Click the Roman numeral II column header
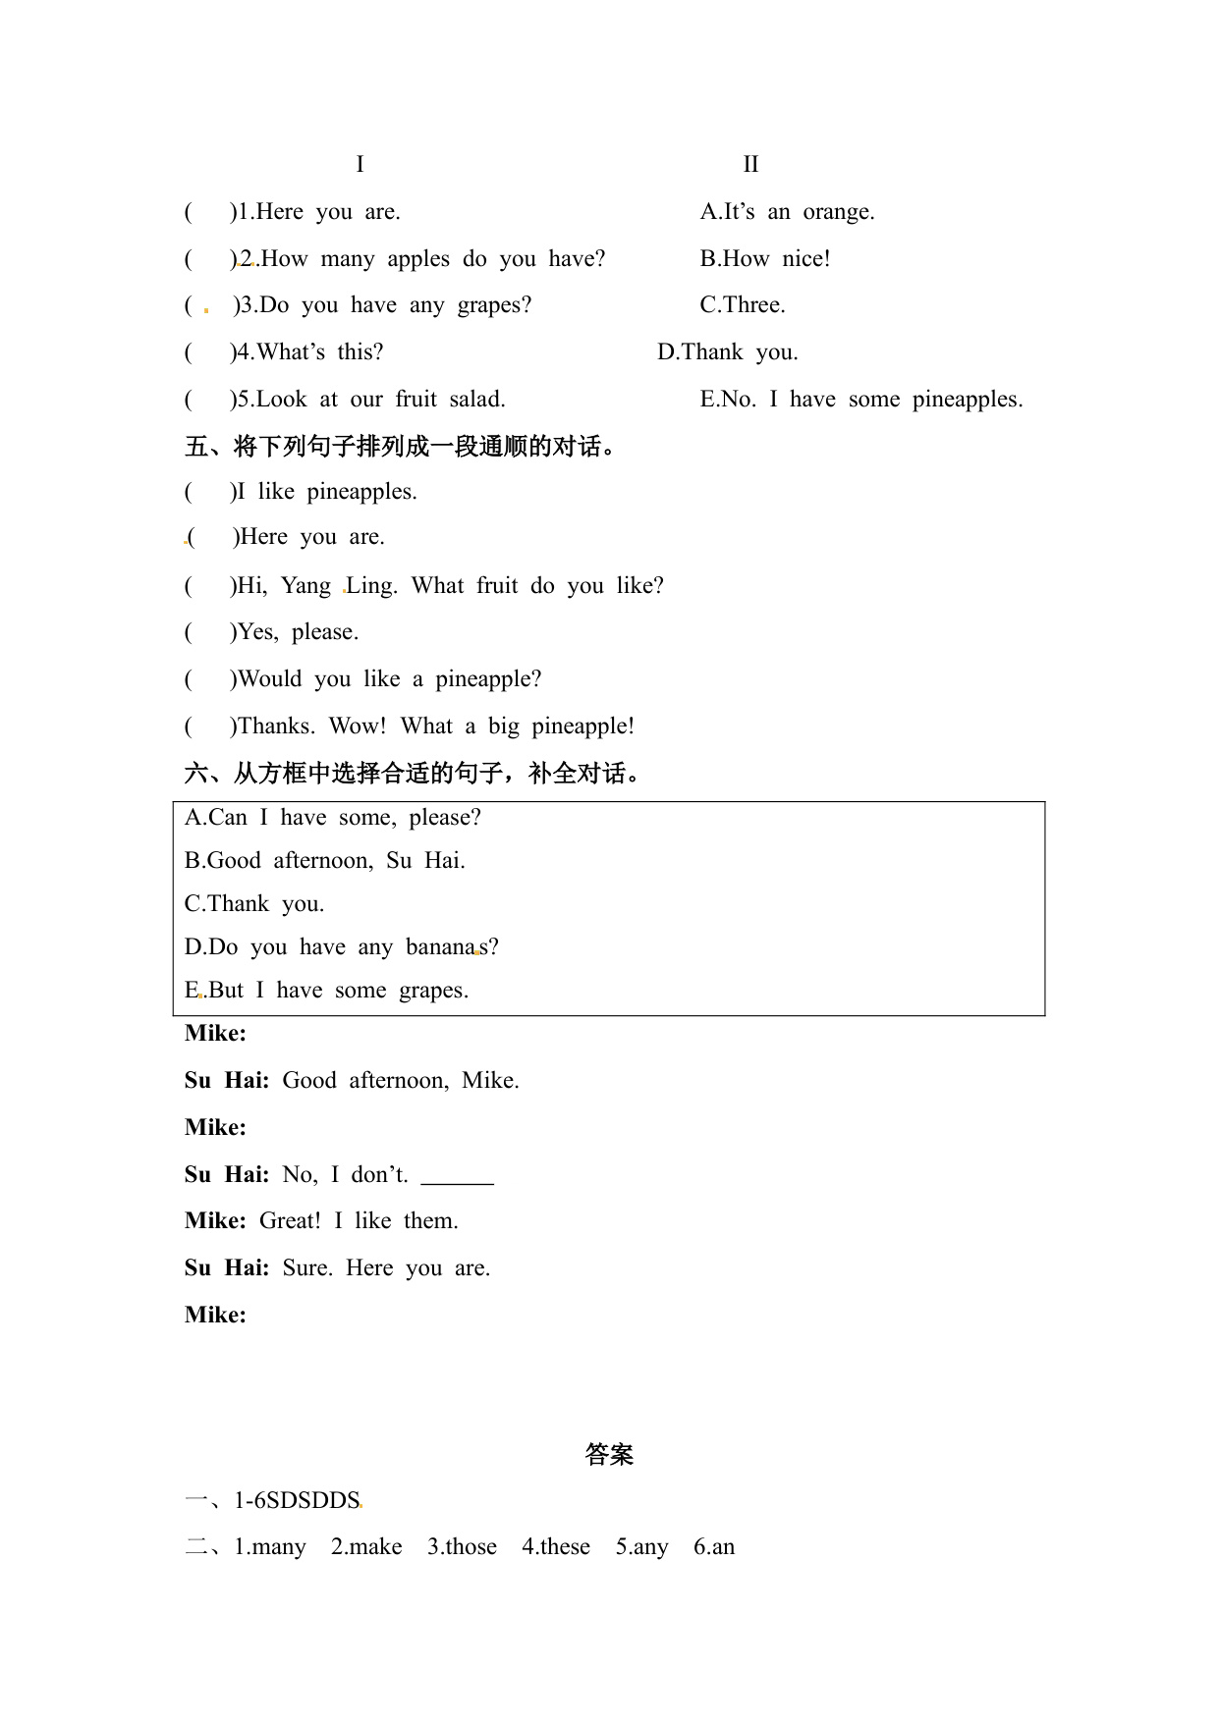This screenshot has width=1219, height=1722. (750, 164)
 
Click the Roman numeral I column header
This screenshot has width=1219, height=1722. (360, 164)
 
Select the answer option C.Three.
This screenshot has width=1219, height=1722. (742, 305)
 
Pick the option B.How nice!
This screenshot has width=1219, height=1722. (764, 259)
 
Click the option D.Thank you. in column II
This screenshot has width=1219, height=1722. (727, 352)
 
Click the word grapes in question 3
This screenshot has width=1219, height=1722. (494, 305)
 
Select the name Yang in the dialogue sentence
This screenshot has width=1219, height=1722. (305, 586)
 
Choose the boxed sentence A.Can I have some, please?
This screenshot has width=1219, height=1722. (332, 818)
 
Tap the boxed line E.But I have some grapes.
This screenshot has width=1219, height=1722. (326, 991)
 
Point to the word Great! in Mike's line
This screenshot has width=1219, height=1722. (290, 1221)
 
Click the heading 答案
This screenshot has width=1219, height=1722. (609, 1454)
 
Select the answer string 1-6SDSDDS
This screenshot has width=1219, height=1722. (297, 1501)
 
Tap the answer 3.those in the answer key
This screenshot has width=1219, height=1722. (462, 1547)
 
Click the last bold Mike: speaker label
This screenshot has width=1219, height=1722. (215, 1316)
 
